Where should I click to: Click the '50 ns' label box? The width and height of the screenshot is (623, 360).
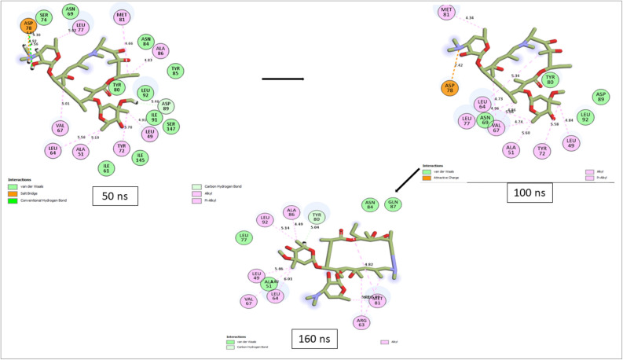coord(115,196)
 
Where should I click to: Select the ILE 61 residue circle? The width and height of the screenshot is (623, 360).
coord(106,167)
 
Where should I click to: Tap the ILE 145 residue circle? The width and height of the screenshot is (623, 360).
coord(140,158)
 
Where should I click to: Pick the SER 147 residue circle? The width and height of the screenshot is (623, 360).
coord(172,126)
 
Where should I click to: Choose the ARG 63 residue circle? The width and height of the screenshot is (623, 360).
coord(361,322)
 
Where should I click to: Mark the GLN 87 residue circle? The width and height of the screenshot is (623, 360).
coord(394,204)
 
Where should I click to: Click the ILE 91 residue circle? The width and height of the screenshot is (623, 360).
coord(154,118)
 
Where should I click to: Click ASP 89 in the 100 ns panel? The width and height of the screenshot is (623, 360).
coord(601,97)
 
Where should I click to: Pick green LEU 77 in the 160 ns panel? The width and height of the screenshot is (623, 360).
coord(244,237)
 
